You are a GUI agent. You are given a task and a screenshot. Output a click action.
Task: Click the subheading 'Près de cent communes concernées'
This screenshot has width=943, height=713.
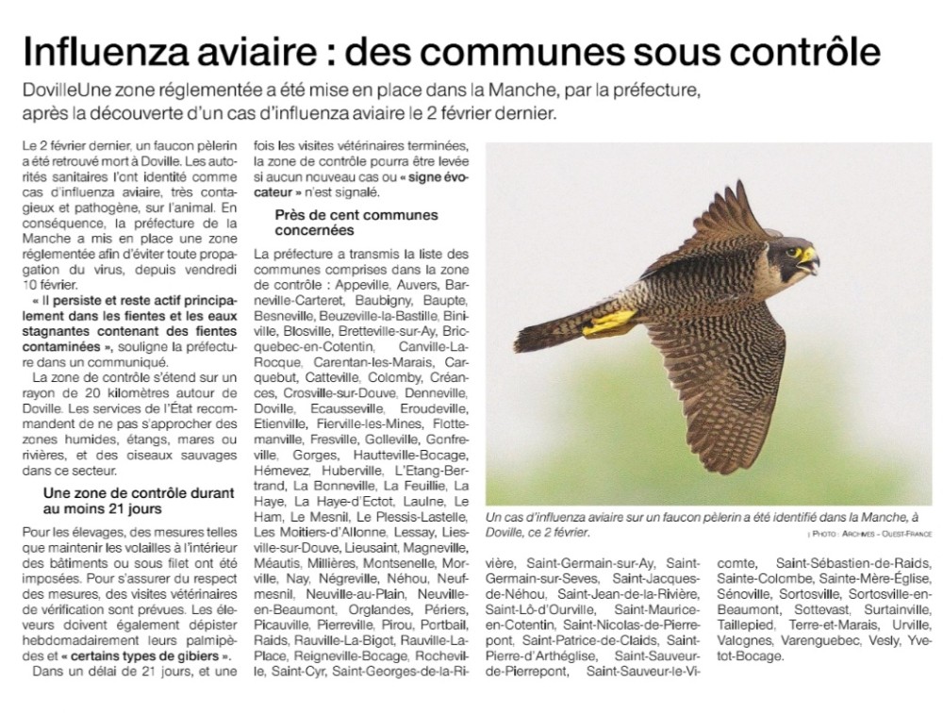(x=356, y=223)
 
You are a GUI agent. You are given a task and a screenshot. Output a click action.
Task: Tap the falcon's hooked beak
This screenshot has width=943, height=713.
(x=811, y=260)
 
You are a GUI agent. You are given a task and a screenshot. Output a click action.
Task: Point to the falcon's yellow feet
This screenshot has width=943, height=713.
(x=608, y=323)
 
